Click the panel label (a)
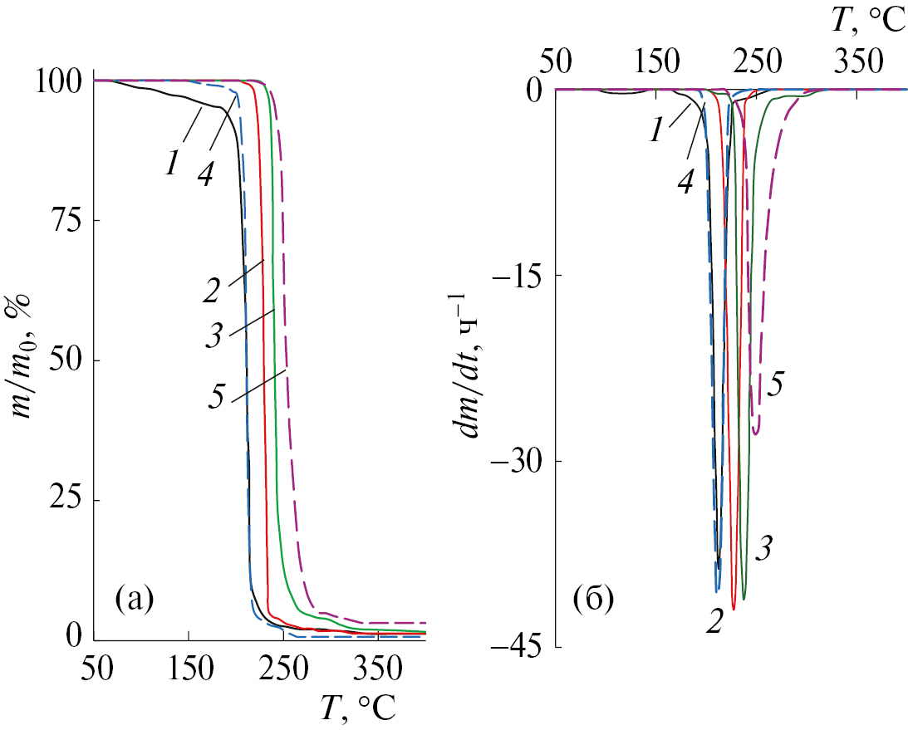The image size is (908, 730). (x=135, y=597)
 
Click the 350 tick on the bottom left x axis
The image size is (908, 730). (x=378, y=669)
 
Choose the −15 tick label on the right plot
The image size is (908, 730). (x=522, y=275)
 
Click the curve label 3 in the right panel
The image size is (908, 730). (x=766, y=546)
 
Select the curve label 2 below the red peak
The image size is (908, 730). (x=713, y=621)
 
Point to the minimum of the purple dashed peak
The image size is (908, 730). (x=756, y=433)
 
